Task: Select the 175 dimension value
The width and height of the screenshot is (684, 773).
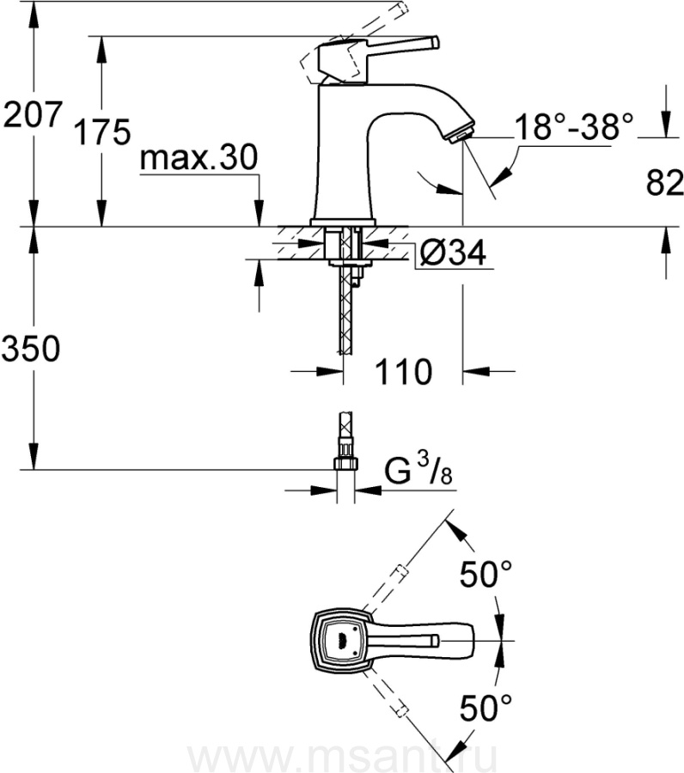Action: point(102,131)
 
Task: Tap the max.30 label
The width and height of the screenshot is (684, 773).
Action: point(198,157)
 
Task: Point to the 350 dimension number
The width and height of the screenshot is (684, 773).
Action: point(31,348)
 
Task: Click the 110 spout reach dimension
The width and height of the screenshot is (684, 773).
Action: point(403,372)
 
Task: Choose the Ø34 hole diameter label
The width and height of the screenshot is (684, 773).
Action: point(453,252)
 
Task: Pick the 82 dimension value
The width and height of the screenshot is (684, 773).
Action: point(665,182)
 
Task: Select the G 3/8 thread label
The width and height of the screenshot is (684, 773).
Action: point(418,471)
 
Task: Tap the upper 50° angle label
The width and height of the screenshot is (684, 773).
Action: point(486,574)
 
